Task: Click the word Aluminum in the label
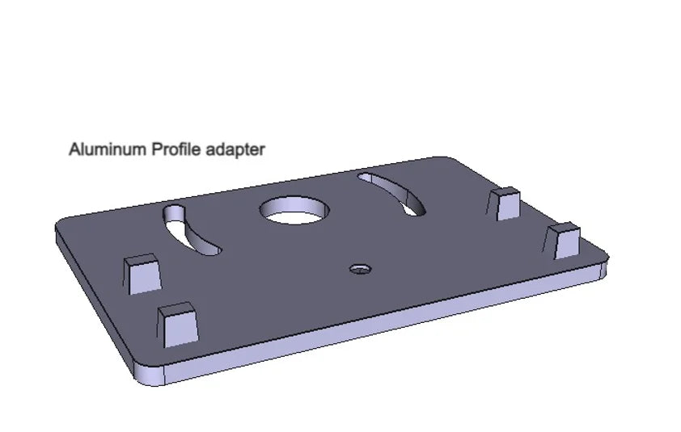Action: [108, 149]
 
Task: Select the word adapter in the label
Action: [235, 150]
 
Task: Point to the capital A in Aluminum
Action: [74, 149]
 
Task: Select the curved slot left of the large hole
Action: [192, 231]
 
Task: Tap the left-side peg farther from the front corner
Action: [141, 273]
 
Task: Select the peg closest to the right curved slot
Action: [506, 203]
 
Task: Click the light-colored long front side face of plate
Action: [380, 323]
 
